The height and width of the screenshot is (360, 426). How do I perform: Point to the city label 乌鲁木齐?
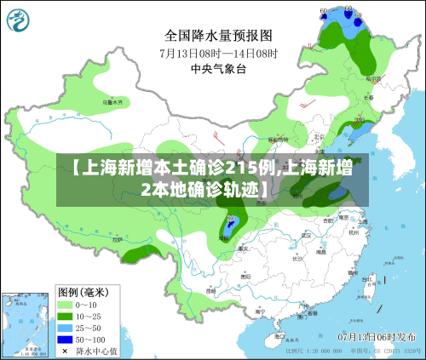(113, 102)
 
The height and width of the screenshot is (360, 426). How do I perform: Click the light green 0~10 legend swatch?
(64, 303)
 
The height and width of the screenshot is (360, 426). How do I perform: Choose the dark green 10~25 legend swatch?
(64, 315)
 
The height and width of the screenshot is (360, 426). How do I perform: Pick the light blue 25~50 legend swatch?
(64, 327)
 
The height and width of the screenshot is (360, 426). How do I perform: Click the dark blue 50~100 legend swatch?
(64, 339)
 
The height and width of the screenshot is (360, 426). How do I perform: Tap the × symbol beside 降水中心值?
(64, 350)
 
